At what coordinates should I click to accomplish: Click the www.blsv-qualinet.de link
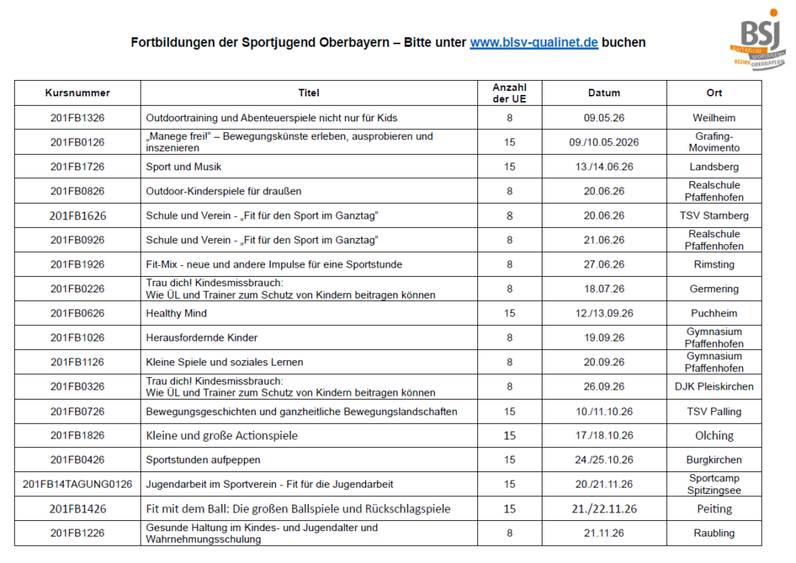click(x=533, y=43)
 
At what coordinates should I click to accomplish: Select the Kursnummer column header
click(x=78, y=93)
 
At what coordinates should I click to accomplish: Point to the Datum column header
click(x=604, y=93)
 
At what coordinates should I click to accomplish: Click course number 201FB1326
click(x=78, y=118)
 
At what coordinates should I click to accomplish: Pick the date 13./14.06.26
click(x=604, y=167)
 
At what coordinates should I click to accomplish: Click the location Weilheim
click(x=714, y=118)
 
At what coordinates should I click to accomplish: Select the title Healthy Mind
click(x=176, y=313)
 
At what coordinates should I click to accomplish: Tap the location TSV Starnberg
click(x=714, y=215)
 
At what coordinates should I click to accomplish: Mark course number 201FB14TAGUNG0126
click(x=78, y=484)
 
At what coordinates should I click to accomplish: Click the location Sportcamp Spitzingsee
click(x=714, y=484)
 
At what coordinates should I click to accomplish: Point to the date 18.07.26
click(x=604, y=288)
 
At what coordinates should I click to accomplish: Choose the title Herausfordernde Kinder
click(x=202, y=338)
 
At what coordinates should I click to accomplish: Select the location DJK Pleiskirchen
click(x=714, y=386)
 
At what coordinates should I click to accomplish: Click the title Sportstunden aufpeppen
click(x=203, y=460)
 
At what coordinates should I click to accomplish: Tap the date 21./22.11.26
click(x=604, y=509)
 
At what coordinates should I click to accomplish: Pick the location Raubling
click(x=714, y=533)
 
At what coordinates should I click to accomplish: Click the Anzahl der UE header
click(x=509, y=93)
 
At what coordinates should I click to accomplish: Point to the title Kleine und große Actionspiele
click(x=222, y=435)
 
